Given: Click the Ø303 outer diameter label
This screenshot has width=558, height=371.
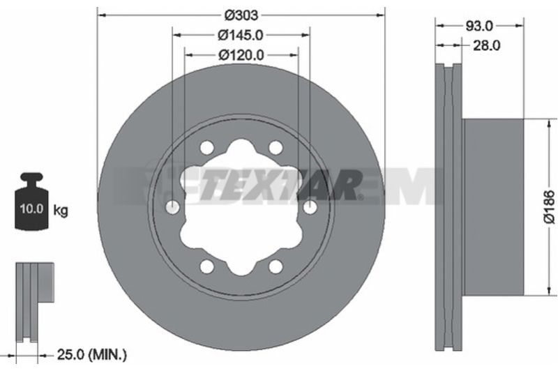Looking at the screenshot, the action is (x=241, y=15).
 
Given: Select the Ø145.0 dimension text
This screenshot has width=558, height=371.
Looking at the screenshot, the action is (x=241, y=35).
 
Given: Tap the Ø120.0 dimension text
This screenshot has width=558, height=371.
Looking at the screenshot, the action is (x=241, y=55).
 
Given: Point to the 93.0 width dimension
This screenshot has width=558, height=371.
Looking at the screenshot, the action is (x=479, y=26).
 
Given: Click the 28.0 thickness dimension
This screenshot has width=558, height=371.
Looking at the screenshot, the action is (x=486, y=45).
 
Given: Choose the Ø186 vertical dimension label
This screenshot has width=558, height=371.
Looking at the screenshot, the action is (x=550, y=207).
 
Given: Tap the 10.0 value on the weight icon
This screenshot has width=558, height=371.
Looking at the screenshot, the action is (x=31, y=209).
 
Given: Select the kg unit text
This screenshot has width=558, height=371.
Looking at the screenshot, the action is (x=61, y=210).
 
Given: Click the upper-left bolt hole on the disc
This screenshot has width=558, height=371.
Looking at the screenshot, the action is (x=206, y=147).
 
